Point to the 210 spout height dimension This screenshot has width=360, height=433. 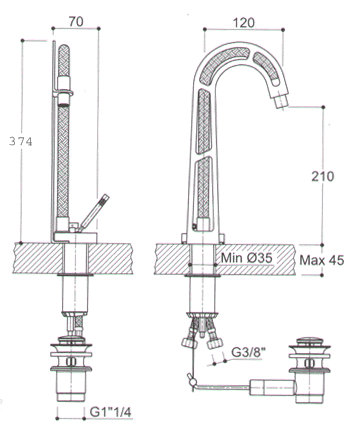(323, 176)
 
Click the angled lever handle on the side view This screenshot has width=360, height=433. (102, 213)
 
